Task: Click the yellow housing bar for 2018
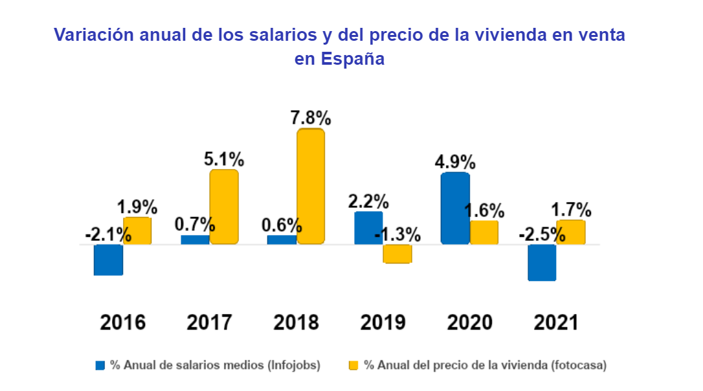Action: point(311,186)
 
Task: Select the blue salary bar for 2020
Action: point(455,208)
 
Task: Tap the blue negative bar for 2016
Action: point(108,260)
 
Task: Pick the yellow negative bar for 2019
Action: point(397,254)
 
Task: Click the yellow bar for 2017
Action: point(224,207)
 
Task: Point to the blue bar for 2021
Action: point(542,262)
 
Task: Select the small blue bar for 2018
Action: point(282,240)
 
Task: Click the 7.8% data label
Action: point(310,118)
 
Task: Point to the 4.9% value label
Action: point(455,161)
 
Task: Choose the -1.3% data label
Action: point(397,234)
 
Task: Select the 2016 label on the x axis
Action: point(122,322)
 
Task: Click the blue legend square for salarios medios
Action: point(100,365)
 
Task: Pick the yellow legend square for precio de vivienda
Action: point(353,365)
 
